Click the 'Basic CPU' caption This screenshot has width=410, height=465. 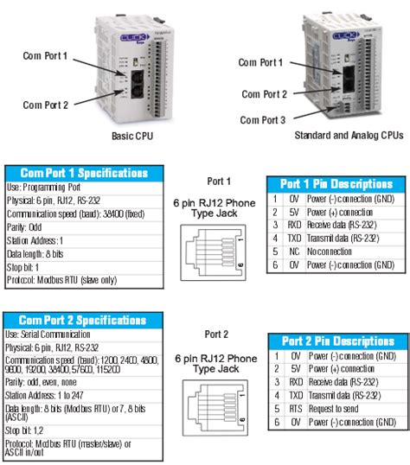[136, 135]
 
